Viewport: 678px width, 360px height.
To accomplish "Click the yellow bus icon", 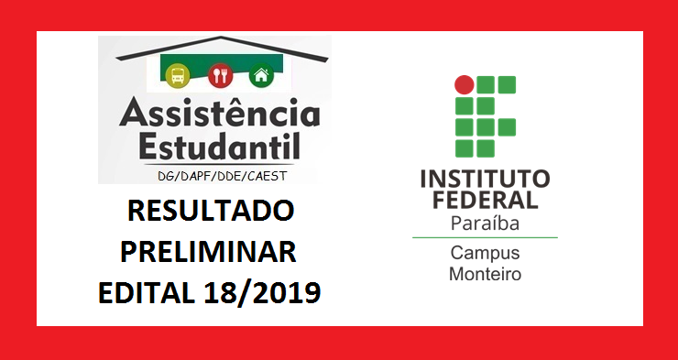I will (178, 74).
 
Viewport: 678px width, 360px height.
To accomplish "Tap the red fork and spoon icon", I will (220, 74).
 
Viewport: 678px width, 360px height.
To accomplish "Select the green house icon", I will (262, 75).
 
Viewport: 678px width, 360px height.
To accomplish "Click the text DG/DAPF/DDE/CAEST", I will (213, 175).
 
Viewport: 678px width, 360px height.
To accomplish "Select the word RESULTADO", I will (211, 212).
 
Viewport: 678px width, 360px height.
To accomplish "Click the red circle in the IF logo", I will (465, 85).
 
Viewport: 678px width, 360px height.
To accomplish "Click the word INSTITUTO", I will (485, 178).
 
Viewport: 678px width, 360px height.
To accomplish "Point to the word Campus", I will (485, 253).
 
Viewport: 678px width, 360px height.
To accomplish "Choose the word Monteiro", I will (485, 273).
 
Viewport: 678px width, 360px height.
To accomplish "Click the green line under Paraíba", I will (485, 237).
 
